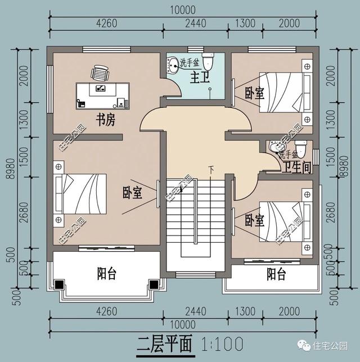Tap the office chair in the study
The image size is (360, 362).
pyautogui.click(x=100, y=73)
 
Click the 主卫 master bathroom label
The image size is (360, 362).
pyautogui.click(x=199, y=75)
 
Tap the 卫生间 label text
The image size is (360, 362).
pyautogui.click(x=297, y=168)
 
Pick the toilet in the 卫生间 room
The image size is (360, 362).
pyautogui.click(x=300, y=148)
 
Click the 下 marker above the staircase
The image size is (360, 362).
pyautogui.click(x=211, y=169)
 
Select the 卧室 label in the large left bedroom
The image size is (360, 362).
pyautogui.click(x=132, y=193)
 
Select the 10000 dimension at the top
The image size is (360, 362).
pyautogui.click(x=181, y=10)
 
